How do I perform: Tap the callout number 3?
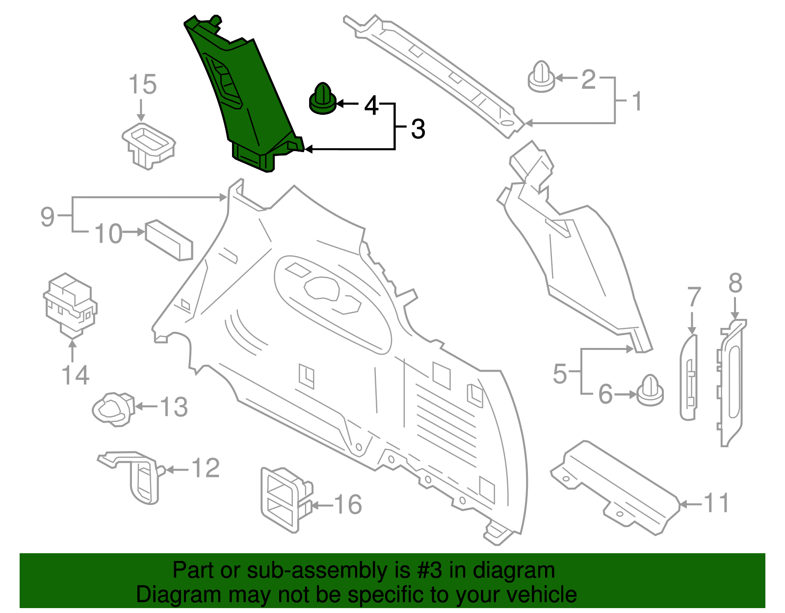[x=418, y=129]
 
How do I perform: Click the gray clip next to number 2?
[x=541, y=78]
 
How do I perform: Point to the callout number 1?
[x=636, y=102]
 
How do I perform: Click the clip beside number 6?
[x=650, y=391]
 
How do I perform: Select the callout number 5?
[x=560, y=374]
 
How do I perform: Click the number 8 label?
[x=735, y=283]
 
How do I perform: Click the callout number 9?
[x=47, y=216]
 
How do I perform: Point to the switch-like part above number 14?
[x=70, y=305]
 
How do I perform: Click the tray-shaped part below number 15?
[x=148, y=143]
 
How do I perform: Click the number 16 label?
[x=348, y=505]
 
